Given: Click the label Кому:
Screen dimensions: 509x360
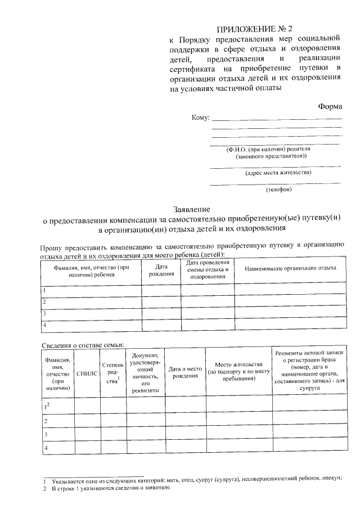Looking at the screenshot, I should tap(200, 118).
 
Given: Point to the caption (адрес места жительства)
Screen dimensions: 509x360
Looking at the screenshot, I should tap(278, 173).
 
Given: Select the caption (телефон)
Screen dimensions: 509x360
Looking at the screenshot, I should tap(279, 190).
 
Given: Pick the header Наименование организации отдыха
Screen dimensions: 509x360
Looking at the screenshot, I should tap(290, 268).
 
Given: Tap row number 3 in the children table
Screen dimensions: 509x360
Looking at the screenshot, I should tap(44, 313).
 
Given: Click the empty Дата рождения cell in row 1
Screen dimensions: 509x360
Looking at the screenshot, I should tap(161, 290).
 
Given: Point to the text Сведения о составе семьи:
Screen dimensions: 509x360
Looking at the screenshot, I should tap(83, 345).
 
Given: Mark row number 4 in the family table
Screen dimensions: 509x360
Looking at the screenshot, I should tap(46, 448).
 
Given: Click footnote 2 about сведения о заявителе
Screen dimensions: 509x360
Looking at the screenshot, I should tap(107, 489).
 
